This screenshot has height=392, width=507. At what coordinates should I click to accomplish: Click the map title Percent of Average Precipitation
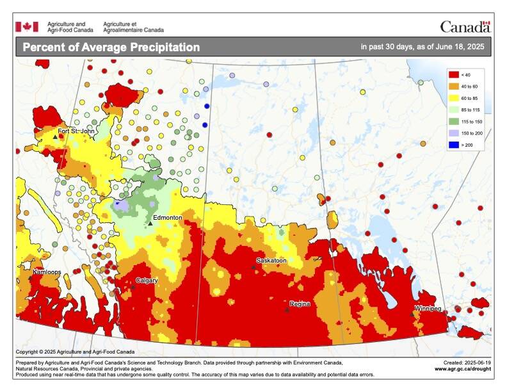pyautogui.click(x=111, y=47)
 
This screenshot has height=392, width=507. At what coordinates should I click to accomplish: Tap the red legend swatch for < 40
pyautogui.click(x=453, y=75)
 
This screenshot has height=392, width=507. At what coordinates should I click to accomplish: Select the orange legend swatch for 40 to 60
pyautogui.click(x=453, y=86)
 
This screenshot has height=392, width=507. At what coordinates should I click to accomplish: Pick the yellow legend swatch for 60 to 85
pyautogui.click(x=453, y=98)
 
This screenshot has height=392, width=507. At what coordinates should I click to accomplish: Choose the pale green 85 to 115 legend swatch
pyautogui.click(x=453, y=110)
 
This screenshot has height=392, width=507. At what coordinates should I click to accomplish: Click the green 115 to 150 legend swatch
pyautogui.click(x=453, y=121)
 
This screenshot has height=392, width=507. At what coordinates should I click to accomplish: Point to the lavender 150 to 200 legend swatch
pyautogui.click(x=453, y=133)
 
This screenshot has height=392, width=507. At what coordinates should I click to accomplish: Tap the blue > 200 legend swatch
pyautogui.click(x=453, y=145)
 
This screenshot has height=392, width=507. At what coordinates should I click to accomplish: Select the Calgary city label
pyautogui.click(x=147, y=281)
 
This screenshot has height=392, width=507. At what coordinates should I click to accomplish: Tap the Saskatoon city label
pyautogui.click(x=271, y=261)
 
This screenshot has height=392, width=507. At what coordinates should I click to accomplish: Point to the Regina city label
pyautogui.click(x=299, y=304)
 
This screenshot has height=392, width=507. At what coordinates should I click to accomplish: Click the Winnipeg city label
pyautogui.click(x=428, y=309)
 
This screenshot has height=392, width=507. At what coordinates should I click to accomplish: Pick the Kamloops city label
pyautogui.click(x=47, y=272)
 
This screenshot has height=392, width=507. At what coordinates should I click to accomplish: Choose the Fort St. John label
pyautogui.click(x=76, y=131)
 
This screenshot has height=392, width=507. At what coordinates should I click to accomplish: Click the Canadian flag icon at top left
pyautogui.click(x=27, y=26)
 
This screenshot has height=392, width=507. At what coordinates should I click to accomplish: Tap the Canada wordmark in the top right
pyautogui.click(x=465, y=27)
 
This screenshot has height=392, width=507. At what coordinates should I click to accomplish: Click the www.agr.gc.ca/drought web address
pyautogui.click(x=463, y=369)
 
